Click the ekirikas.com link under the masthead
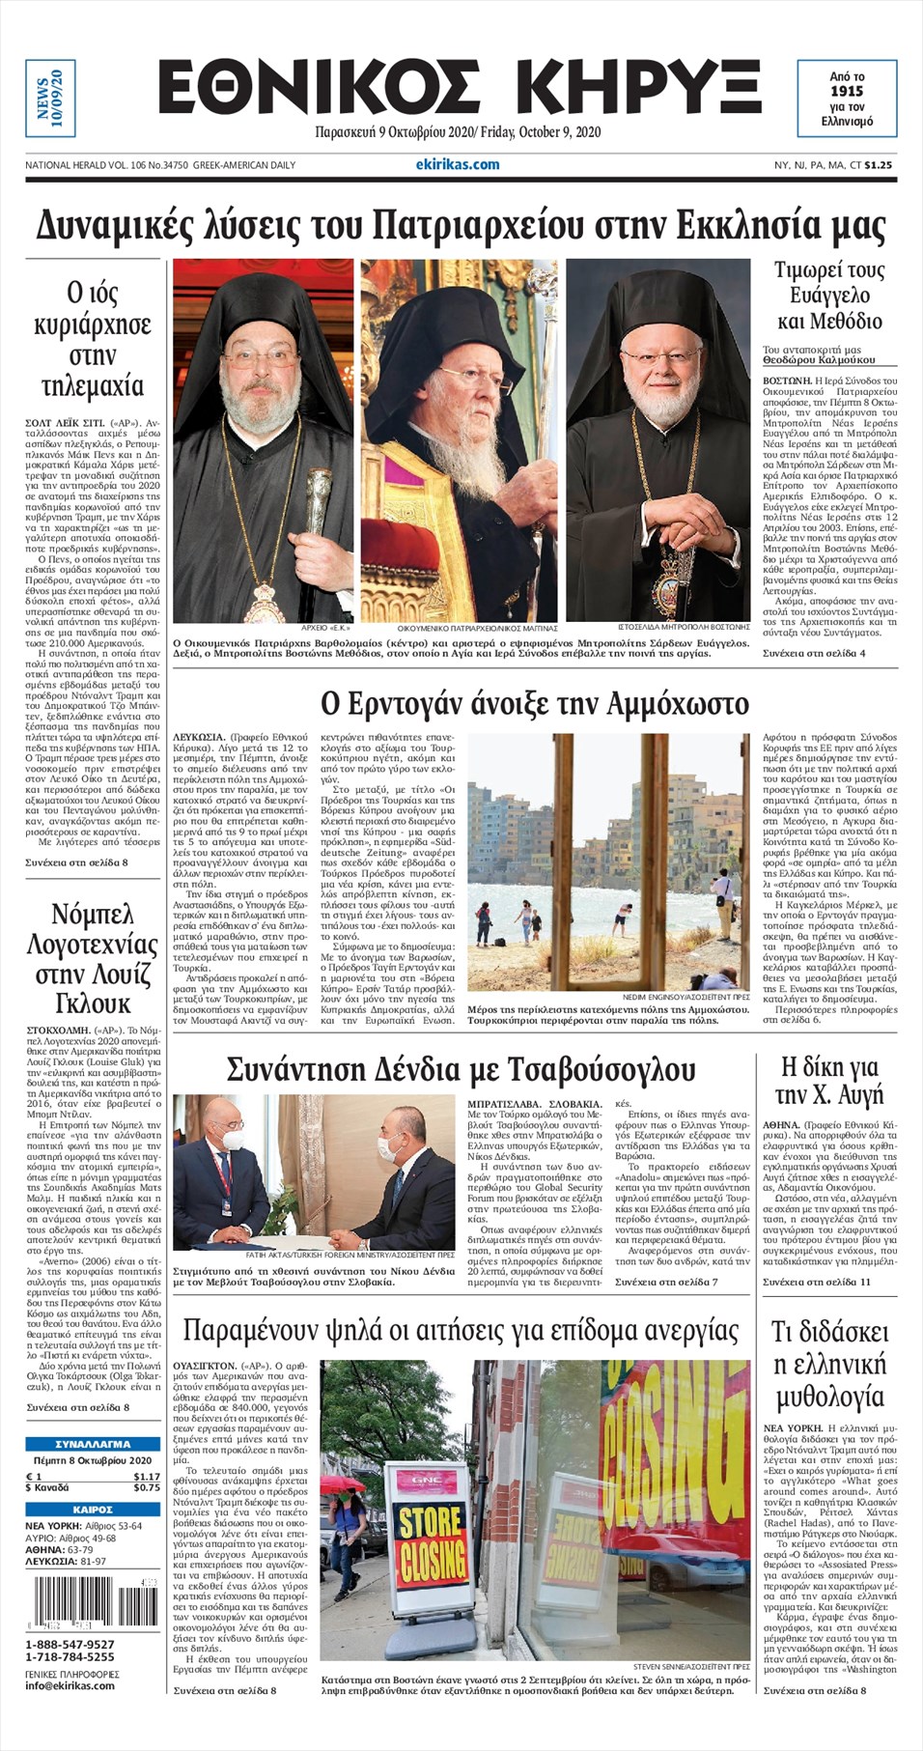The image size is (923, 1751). [464, 164]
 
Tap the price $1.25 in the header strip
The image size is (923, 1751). [878, 165]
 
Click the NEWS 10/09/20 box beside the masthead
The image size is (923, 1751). [50, 99]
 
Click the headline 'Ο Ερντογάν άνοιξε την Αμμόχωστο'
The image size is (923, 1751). [534, 703]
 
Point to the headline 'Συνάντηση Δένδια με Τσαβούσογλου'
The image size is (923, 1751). [461, 1069]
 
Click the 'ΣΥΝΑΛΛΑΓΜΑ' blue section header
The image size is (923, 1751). [93, 1444]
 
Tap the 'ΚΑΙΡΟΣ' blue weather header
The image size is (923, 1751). [93, 1509]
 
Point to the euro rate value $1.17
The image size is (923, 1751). [147, 1477]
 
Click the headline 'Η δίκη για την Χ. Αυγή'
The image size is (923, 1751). [829, 1081]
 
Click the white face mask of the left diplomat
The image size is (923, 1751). [233, 1140]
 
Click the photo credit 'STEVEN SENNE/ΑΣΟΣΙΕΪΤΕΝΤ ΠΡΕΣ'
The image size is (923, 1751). [691, 1667]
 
